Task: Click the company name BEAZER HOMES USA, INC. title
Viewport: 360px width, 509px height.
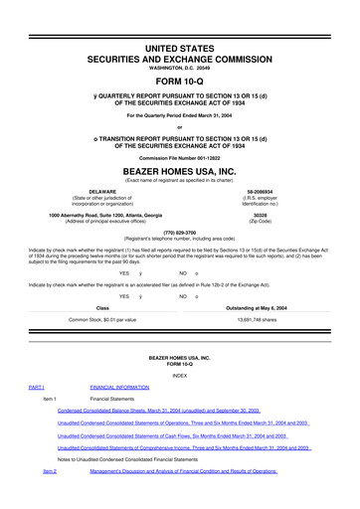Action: [x=179, y=170]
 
